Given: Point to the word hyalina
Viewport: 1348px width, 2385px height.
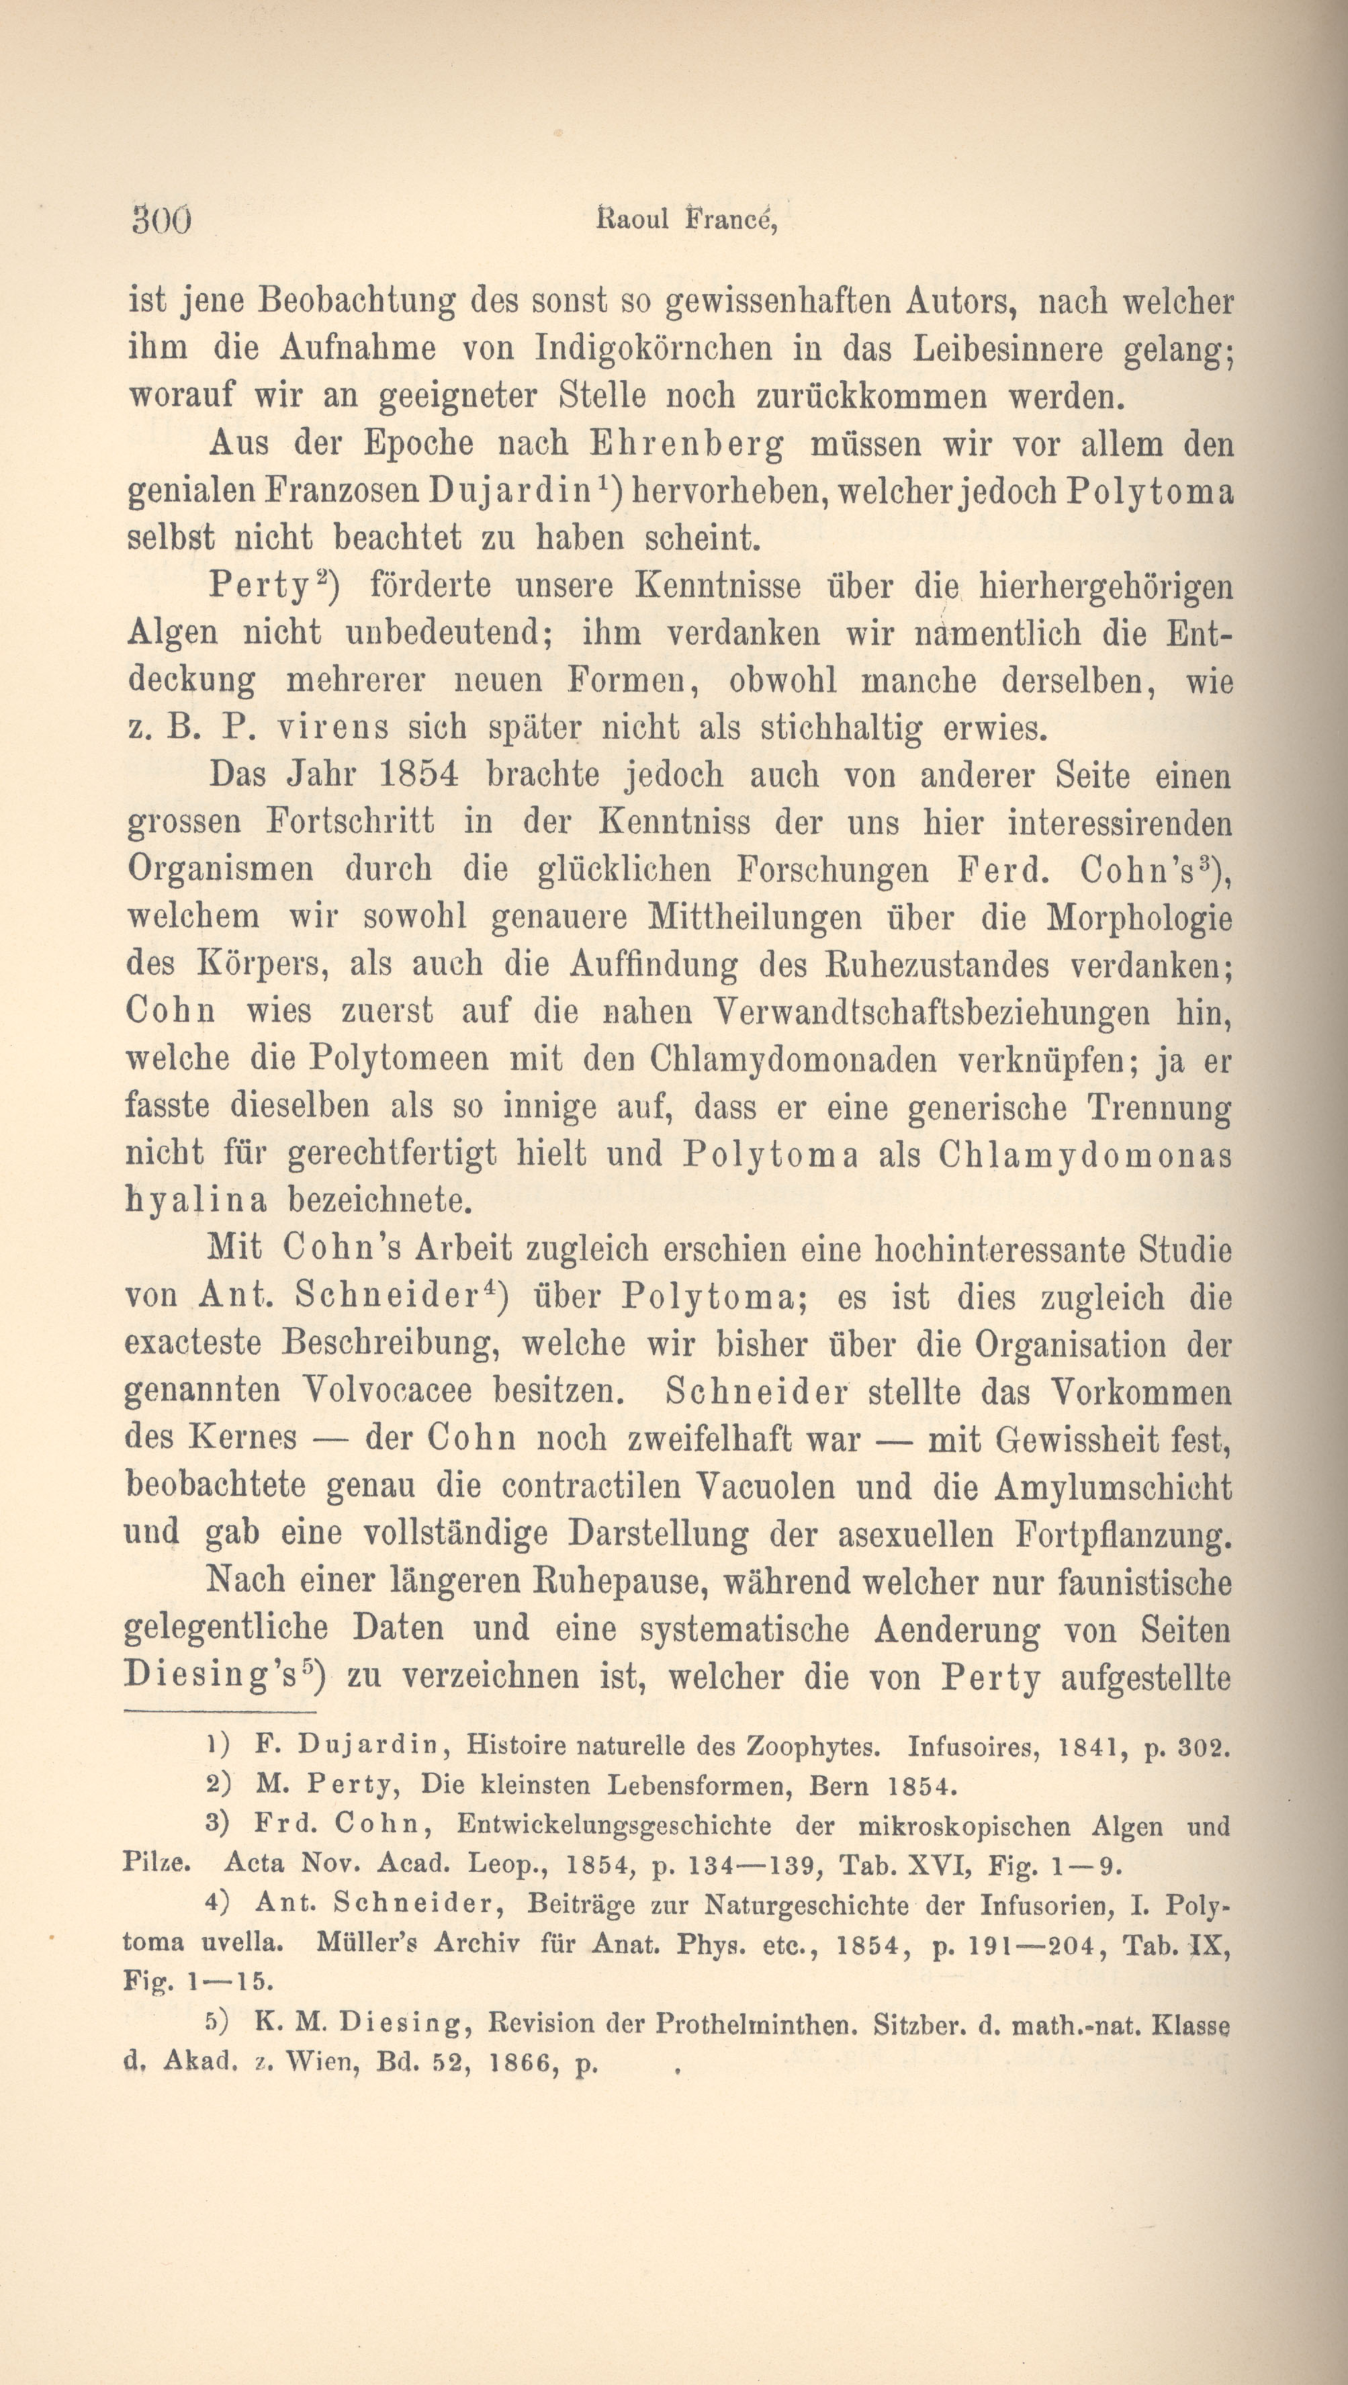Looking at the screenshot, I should point(195,1201).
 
